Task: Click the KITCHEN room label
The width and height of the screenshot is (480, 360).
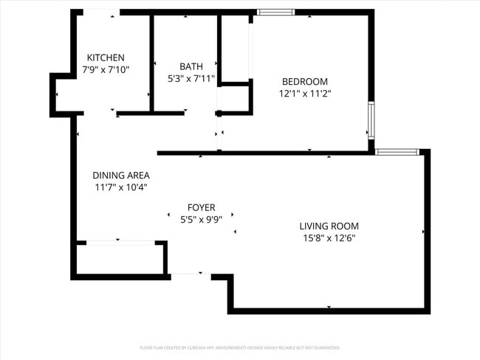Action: tap(106, 58)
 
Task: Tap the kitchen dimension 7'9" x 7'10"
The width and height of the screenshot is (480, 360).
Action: tap(106, 70)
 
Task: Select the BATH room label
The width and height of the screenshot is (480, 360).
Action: tap(191, 66)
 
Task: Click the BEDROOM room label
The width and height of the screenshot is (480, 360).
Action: tap(304, 81)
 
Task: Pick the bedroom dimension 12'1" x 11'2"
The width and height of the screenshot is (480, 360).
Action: tap(304, 94)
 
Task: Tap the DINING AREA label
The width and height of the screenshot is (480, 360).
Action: tap(121, 175)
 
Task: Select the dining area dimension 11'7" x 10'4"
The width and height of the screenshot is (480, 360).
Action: tap(121, 187)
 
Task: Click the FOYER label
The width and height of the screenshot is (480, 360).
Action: tap(201, 207)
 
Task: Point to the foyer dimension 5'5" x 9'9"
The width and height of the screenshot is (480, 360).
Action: tap(201, 219)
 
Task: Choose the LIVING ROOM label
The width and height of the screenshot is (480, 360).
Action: tap(329, 226)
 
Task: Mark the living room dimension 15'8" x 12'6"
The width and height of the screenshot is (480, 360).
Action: tap(329, 238)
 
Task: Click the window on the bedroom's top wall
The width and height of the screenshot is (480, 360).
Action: tap(275, 12)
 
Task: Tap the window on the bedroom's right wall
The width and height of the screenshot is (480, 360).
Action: tap(371, 120)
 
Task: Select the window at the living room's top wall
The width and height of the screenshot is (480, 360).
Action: tap(397, 152)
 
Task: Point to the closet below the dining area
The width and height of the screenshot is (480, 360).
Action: tap(120, 258)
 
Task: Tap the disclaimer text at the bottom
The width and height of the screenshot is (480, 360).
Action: tap(240, 347)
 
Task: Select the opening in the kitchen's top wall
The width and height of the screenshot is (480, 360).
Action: tap(101, 12)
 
